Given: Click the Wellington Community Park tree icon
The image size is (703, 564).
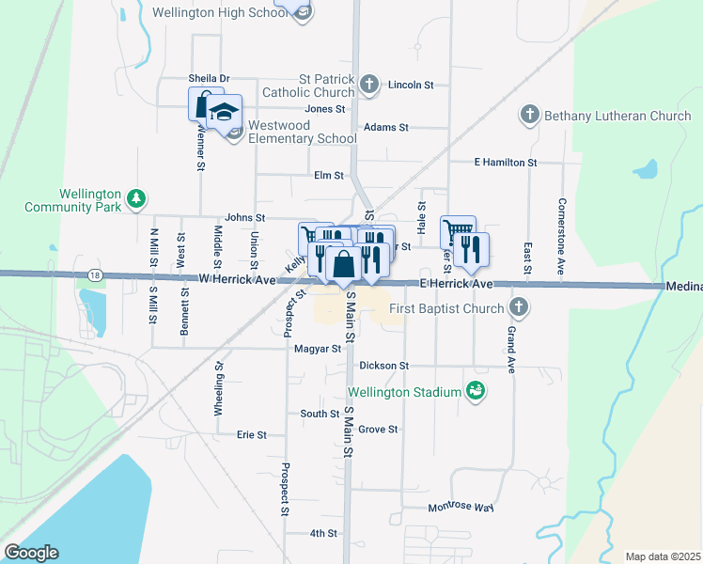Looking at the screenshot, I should click(137, 197).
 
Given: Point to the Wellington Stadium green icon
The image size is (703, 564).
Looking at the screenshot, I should click(476, 391).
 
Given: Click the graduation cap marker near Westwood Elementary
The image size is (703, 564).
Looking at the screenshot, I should click(225, 114).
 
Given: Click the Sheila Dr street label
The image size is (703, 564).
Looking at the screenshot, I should click(209, 79).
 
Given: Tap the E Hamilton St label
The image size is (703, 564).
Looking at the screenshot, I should click(505, 163).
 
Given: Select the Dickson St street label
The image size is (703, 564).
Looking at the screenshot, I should click(384, 365).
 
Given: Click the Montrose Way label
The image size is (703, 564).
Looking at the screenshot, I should click(461, 508).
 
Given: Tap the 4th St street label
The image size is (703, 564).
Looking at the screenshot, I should click(323, 533).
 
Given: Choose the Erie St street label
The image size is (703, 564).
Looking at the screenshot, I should click(252, 435).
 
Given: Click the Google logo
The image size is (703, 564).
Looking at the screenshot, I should click(31, 553).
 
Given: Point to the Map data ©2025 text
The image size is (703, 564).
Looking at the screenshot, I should click(663, 556).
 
